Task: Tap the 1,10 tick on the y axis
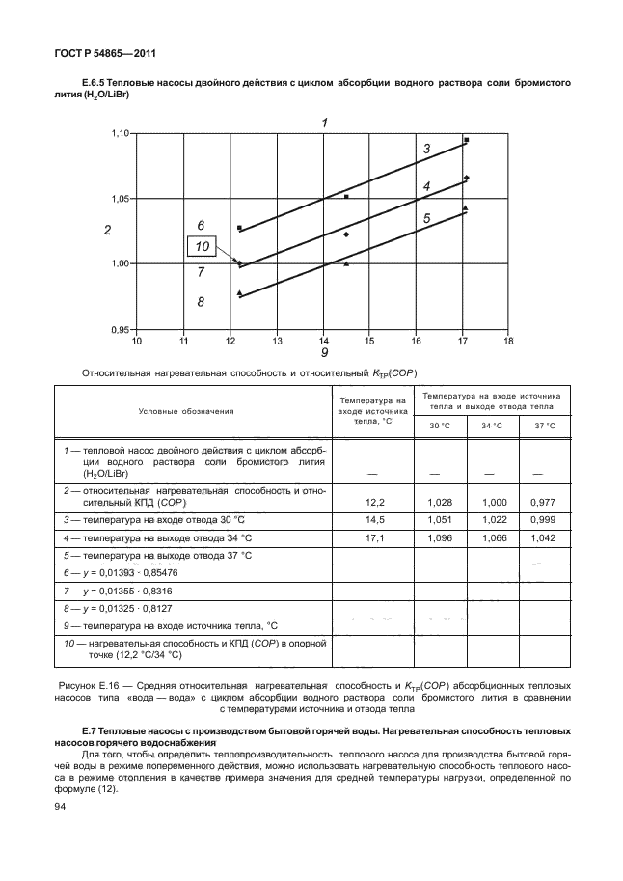click(x=119, y=133)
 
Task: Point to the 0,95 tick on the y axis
click(x=119, y=330)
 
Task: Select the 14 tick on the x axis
click(x=323, y=341)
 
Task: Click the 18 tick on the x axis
click(x=508, y=341)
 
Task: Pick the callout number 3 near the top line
click(x=425, y=149)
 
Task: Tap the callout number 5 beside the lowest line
click(x=425, y=219)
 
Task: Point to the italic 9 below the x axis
click(x=324, y=353)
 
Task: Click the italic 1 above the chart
click(x=324, y=123)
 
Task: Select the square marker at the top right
click(x=466, y=141)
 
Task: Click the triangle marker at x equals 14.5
click(x=346, y=263)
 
